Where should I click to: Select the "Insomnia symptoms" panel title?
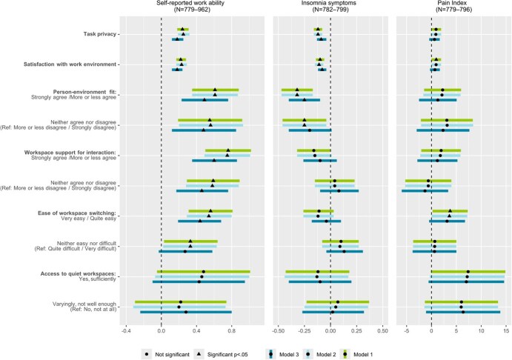click(330, 5)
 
